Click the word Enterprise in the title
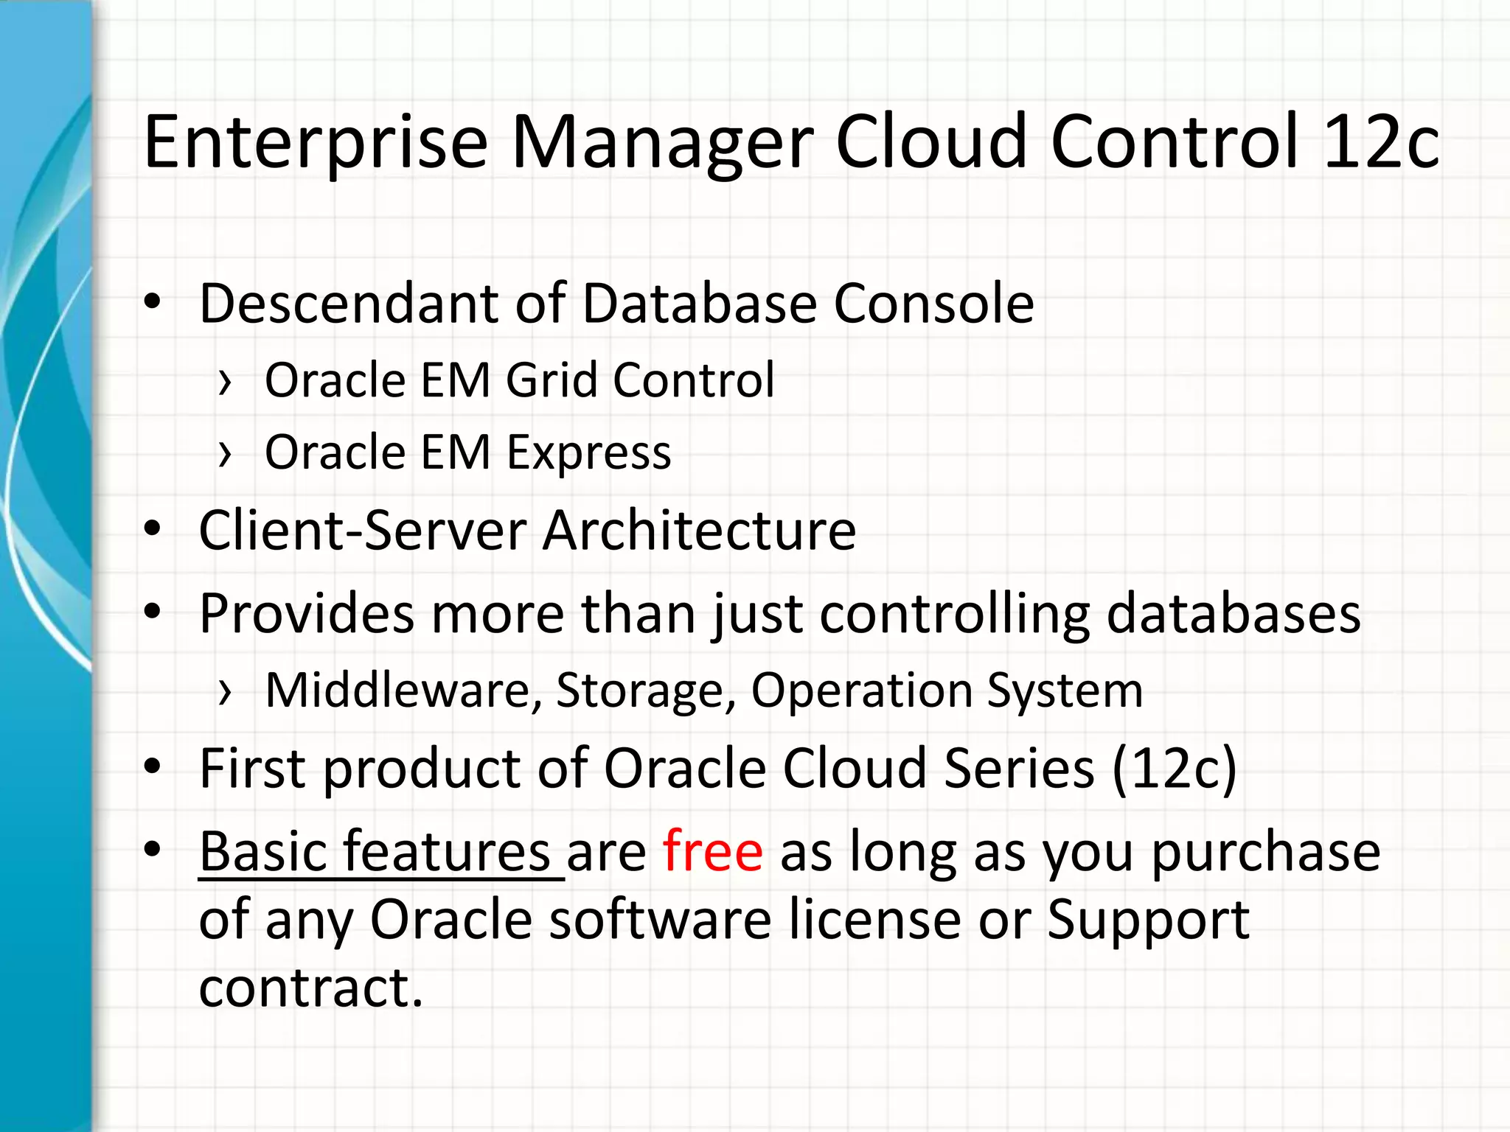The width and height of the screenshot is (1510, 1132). pos(316,142)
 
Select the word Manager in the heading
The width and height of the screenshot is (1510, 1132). pos(662,142)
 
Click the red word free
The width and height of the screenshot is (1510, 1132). pos(712,851)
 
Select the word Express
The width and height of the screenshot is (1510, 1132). pos(588,453)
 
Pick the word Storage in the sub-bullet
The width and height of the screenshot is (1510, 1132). pos(645,691)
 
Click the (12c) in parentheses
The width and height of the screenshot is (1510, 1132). pos(1174,769)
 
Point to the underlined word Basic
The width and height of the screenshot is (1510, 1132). pos(261,851)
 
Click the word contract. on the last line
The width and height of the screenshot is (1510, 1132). pos(310,988)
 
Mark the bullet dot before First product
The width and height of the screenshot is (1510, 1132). pos(153,767)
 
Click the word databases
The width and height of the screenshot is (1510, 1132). pos(1233,613)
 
